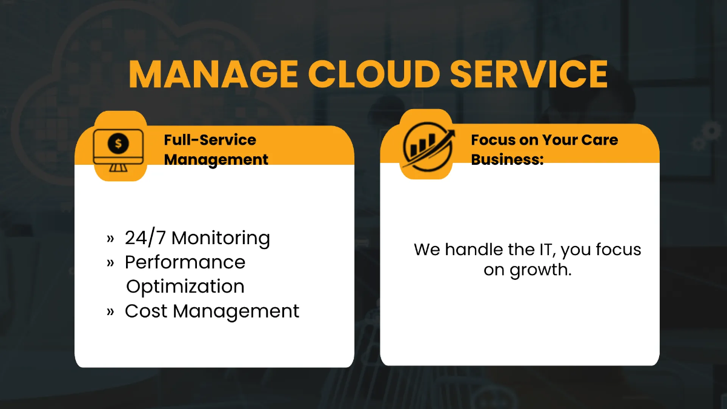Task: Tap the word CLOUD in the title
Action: (x=373, y=74)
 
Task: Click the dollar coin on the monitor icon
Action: (x=118, y=144)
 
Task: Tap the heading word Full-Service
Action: (x=210, y=140)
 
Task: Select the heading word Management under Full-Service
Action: (x=216, y=159)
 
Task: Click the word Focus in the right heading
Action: (x=493, y=140)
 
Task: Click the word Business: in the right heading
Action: (x=507, y=159)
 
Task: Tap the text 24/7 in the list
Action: (x=145, y=238)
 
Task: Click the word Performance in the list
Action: (x=185, y=262)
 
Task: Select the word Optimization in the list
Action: (x=185, y=286)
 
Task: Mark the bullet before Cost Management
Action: (x=110, y=311)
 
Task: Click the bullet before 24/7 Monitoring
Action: (x=110, y=238)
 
